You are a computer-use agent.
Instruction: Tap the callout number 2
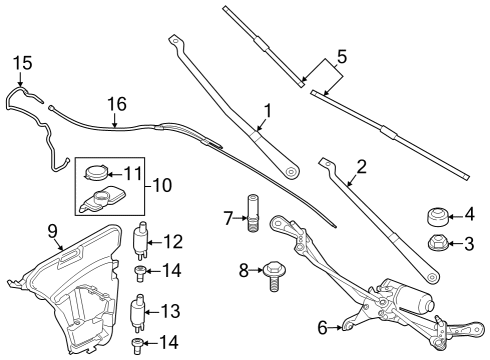click(x=361, y=166)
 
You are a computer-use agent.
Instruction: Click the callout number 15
click(x=23, y=64)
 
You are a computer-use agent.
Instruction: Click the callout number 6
click(x=322, y=326)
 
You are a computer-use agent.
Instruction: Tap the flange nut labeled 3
click(x=436, y=242)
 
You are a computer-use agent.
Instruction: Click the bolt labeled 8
click(x=273, y=272)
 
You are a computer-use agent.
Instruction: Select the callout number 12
click(x=174, y=240)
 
